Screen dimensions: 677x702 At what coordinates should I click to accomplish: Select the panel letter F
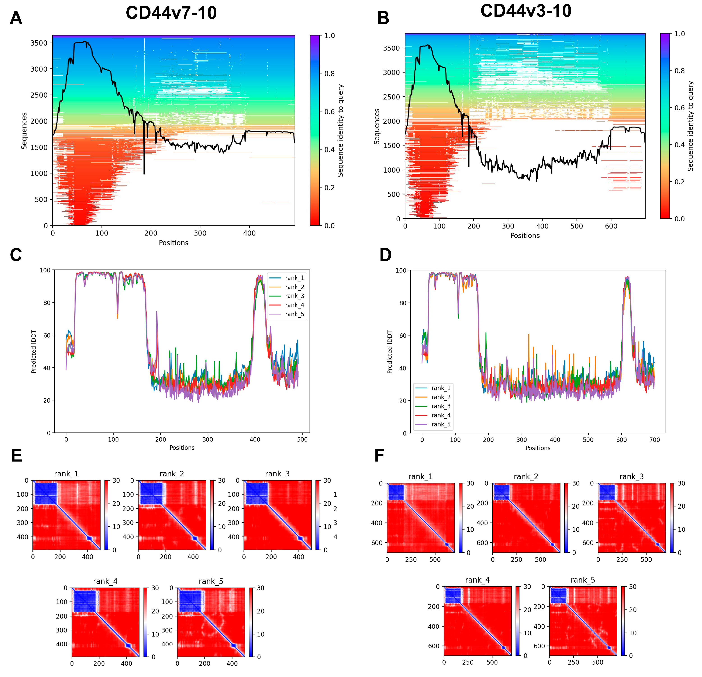379,456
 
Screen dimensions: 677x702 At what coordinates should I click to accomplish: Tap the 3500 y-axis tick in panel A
39,43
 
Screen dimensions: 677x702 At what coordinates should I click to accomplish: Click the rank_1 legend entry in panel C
294,278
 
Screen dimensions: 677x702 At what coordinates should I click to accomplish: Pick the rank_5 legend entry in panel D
440,424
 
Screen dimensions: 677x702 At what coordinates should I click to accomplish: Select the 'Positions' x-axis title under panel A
173,243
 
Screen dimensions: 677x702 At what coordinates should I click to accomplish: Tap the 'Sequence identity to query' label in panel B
690,126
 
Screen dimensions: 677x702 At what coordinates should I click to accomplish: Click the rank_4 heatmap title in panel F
477,580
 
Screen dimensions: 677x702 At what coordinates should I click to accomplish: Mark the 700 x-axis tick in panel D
654,440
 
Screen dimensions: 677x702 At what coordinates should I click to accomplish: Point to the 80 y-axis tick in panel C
47,303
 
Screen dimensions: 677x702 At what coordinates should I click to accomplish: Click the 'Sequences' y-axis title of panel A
24,131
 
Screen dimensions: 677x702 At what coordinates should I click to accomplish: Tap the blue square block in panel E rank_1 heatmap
46,493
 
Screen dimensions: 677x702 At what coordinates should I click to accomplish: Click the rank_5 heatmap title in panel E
211,581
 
